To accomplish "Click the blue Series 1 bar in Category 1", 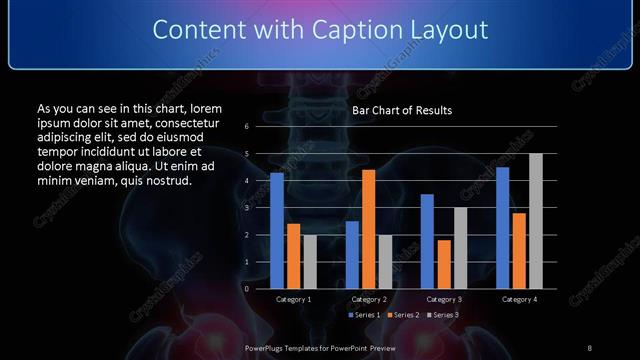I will click(277, 230).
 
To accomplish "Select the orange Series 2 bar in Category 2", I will click(368, 229).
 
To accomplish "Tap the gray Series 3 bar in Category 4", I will click(535, 221).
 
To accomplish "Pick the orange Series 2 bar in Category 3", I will click(443, 264).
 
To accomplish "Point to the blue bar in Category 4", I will click(502, 227).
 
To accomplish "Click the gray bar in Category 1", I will click(310, 261).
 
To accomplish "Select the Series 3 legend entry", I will click(444, 315).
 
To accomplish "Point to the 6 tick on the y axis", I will click(246, 127).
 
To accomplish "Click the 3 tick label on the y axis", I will click(246, 208).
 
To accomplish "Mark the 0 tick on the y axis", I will click(246, 288).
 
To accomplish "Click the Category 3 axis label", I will click(444, 299).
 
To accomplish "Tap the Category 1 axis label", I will click(293, 299).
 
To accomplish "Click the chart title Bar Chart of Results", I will click(403, 110).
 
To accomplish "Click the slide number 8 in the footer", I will click(589, 347).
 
